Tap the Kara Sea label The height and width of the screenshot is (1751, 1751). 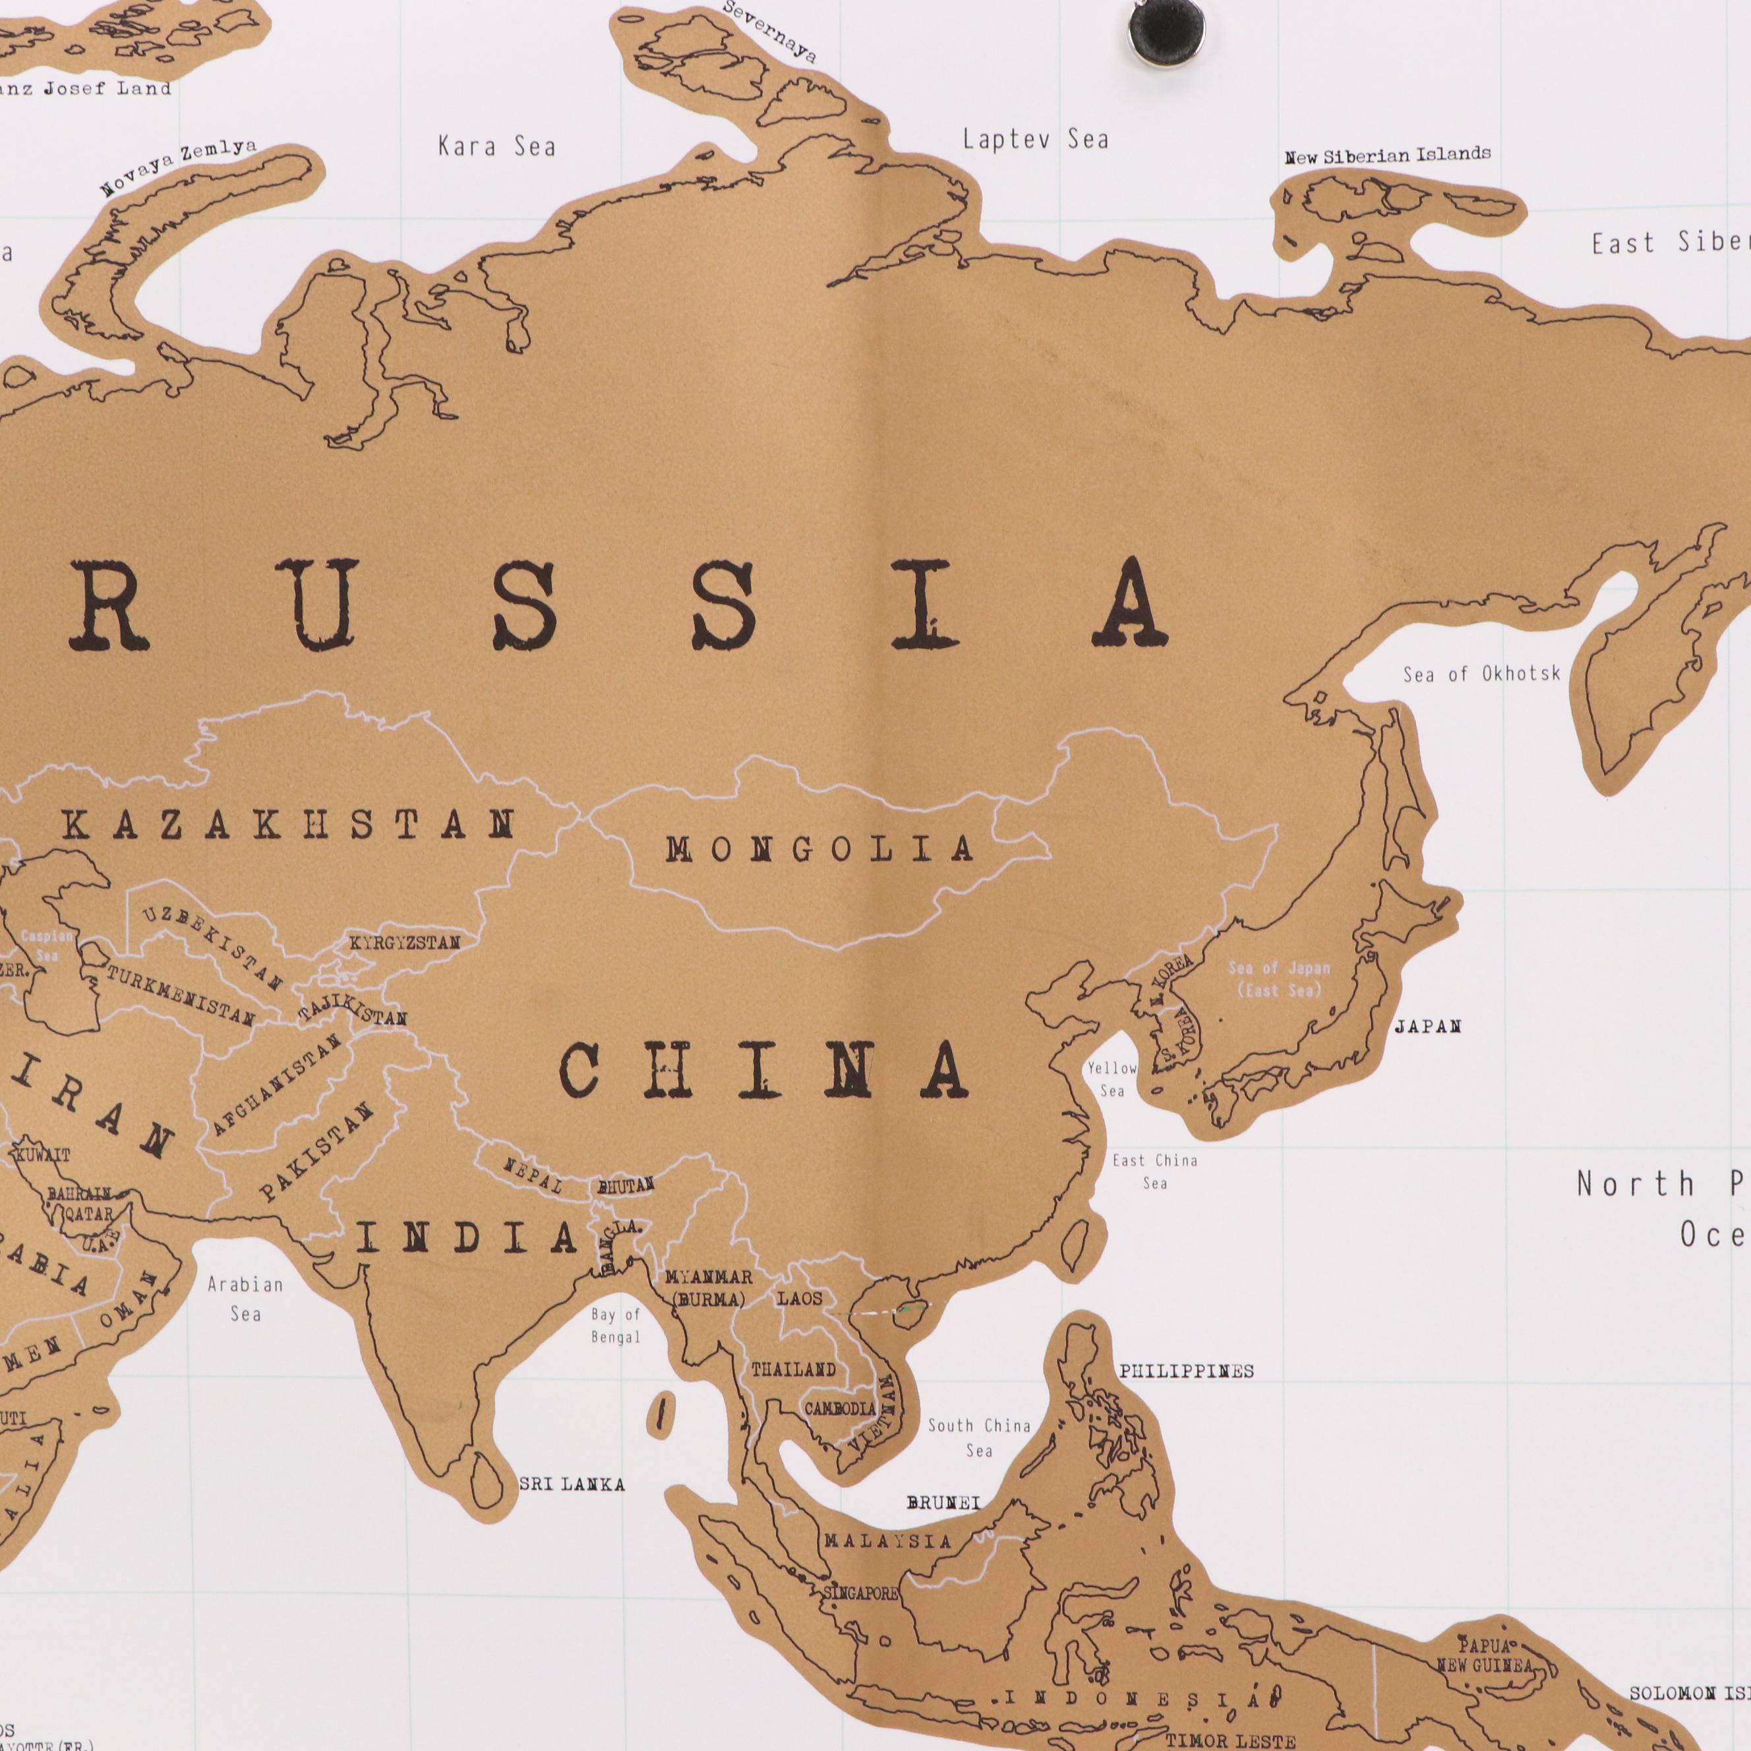[496, 146]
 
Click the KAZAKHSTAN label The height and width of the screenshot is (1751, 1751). [290, 825]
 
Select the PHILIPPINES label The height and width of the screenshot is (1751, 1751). [1187, 1371]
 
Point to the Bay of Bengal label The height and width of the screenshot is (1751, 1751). [615, 1326]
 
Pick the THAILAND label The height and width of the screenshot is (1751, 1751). [793, 1369]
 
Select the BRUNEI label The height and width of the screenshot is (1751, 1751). [943, 1502]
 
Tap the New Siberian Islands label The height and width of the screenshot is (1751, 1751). [1386, 155]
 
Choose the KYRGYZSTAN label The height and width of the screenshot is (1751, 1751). [404, 943]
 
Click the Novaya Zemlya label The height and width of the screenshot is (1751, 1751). [177, 167]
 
